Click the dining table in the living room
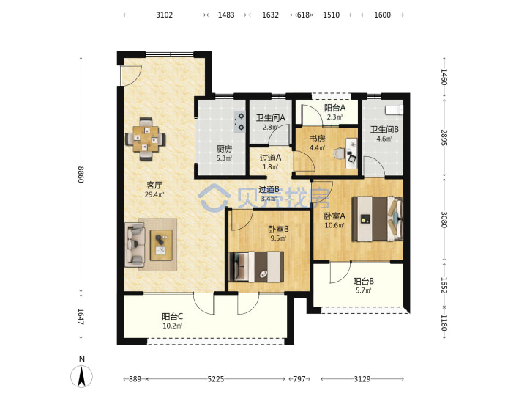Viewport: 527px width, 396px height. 146,139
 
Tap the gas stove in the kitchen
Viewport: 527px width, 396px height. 240,122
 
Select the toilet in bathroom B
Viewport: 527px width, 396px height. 395,110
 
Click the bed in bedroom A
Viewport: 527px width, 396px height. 378,219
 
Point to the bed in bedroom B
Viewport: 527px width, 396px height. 255,267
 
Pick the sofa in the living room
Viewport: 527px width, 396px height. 135,244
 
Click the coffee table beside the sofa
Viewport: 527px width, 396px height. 161,245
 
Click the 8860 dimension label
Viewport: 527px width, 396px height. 81,175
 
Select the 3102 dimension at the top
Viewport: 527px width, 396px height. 165,15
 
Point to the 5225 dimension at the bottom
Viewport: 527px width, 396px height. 216,379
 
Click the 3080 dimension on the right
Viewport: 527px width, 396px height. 444,219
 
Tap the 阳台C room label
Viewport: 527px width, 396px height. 173,317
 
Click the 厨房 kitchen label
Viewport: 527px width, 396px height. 224,149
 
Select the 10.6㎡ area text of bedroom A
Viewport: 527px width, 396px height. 334,225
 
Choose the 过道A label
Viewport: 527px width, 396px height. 270,158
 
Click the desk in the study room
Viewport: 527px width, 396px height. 351,153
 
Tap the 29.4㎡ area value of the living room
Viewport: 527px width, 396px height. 154,194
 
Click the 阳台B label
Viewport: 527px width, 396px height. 363,281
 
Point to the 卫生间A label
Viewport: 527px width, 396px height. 271,118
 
